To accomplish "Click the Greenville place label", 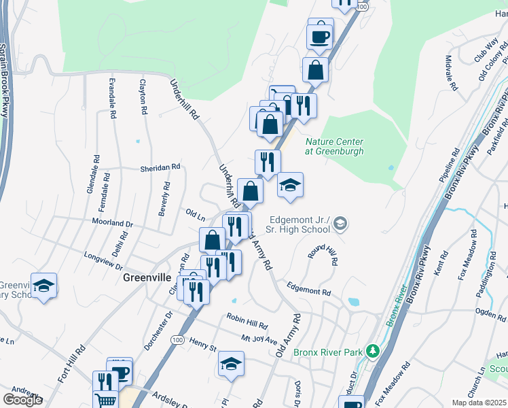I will (146, 277).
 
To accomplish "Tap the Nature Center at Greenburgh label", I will (334, 146).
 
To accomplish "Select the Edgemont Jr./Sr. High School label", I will (300, 224).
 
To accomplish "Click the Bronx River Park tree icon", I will (371, 351).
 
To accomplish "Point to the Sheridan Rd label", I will (160, 167).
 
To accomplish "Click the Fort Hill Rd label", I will (71, 364).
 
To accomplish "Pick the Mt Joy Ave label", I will (259, 339).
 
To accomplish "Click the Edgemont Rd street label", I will (308, 289).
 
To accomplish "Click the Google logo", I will (22, 400).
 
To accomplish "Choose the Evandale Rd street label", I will (112, 99).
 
